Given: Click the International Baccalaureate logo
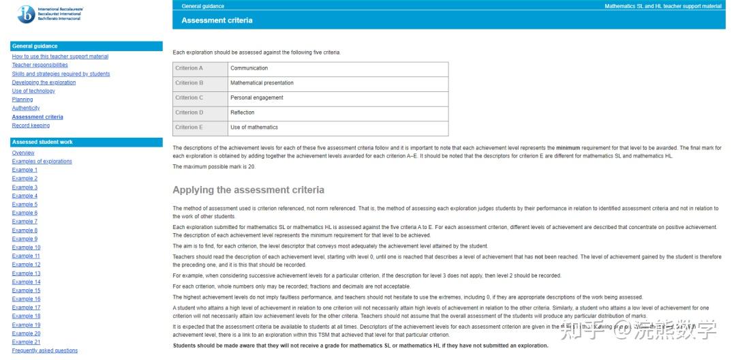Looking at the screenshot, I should click(26, 13).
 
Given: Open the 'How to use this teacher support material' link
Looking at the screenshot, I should click(60, 57).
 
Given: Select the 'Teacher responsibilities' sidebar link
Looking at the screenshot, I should click(40, 65).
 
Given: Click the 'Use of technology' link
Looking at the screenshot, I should click(33, 91).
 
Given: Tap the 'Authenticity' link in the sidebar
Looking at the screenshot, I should click(26, 108).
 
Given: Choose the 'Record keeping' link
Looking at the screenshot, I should click(31, 125).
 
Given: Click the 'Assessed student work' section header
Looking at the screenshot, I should click(42, 142).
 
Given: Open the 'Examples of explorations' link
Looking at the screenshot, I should click(42, 162).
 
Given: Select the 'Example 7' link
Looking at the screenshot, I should click(25, 222).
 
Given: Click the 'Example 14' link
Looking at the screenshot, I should click(26, 282).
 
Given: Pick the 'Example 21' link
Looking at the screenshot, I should click(26, 342).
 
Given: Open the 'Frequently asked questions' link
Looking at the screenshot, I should click(44, 350).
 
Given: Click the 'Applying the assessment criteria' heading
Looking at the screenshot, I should click(248, 190).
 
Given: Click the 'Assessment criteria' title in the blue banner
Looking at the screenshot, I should click(217, 20).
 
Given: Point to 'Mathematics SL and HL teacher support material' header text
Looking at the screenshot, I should click(662, 6).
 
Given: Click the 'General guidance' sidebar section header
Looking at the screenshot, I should click(35, 46).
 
